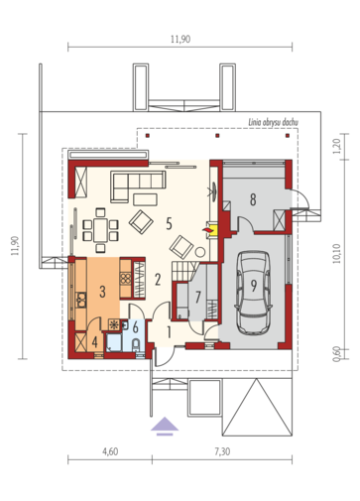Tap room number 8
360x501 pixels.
point(253,199)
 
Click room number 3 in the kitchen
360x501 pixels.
point(102,292)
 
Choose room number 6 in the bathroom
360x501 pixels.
point(136,327)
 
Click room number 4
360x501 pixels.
point(95,342)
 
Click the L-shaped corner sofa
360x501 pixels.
point(129,183)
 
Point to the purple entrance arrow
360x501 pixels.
point(164,427)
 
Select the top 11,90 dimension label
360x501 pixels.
point(179,39)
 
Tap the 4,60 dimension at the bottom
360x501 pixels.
point(109,451)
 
